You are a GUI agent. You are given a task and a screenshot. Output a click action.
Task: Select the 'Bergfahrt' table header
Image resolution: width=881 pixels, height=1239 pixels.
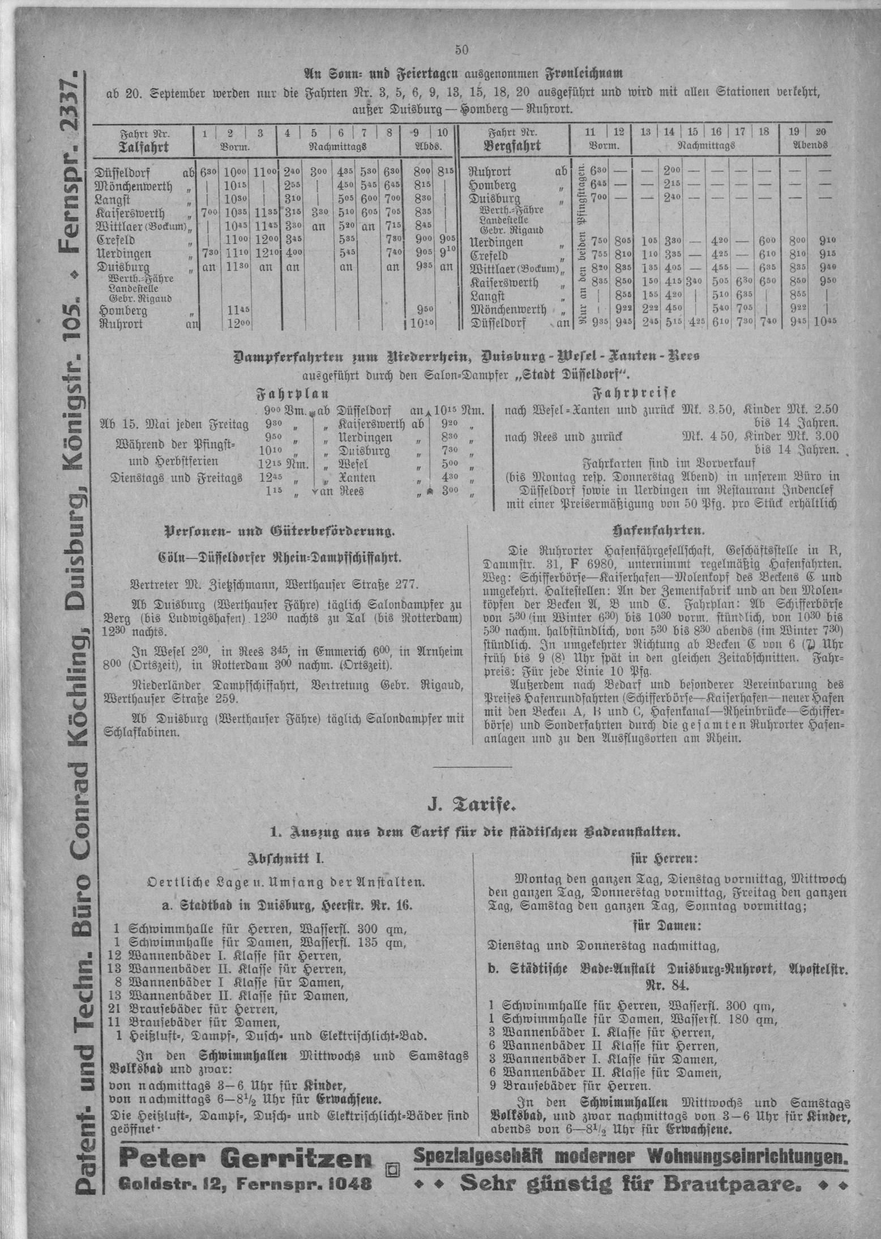512,146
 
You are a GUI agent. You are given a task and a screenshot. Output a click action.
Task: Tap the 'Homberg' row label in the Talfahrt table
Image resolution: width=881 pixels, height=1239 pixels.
123,311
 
